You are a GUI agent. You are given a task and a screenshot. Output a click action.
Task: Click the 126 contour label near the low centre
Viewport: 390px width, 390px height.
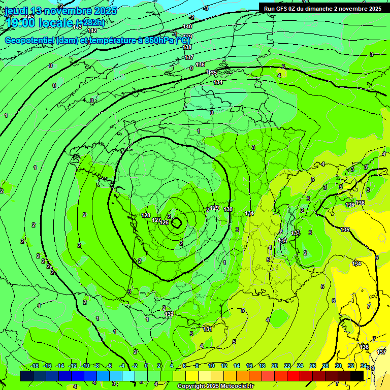pos(164,222)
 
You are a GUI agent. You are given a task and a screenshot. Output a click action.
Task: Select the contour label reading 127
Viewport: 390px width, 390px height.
pos(156,220)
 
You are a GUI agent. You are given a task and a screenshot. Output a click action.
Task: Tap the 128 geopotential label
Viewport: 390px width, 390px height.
pos(146,216)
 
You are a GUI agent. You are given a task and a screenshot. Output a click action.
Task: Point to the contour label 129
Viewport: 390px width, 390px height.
pos(215,208)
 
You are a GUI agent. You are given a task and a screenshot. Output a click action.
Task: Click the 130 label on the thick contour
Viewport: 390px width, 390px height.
pos(228,209)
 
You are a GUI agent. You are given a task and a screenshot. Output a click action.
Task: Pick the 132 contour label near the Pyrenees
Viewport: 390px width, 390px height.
pos(169,314)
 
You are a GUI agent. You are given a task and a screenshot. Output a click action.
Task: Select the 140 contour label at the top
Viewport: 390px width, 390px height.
pos(187,26)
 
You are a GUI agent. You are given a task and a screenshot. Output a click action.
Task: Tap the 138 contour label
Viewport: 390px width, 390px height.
pos(187,47)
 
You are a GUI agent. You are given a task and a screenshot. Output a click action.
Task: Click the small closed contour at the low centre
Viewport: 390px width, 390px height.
pos(177,222)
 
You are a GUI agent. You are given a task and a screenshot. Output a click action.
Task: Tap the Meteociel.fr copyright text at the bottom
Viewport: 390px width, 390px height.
pos(215,386)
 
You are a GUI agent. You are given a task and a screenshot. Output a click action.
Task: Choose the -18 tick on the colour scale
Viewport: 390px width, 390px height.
pos(34,366)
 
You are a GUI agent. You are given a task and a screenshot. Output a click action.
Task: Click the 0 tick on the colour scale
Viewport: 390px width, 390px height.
pos(146,366)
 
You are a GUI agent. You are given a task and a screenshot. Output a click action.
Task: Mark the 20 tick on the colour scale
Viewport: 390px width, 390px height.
pos(274,366)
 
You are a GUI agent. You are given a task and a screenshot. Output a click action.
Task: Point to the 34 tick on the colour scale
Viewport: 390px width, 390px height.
pos(364,366)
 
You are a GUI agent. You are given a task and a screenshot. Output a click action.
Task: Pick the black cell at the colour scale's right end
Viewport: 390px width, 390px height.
pos(356,376)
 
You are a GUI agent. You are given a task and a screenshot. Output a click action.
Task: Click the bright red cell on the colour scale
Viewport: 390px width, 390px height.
pos(293,376)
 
